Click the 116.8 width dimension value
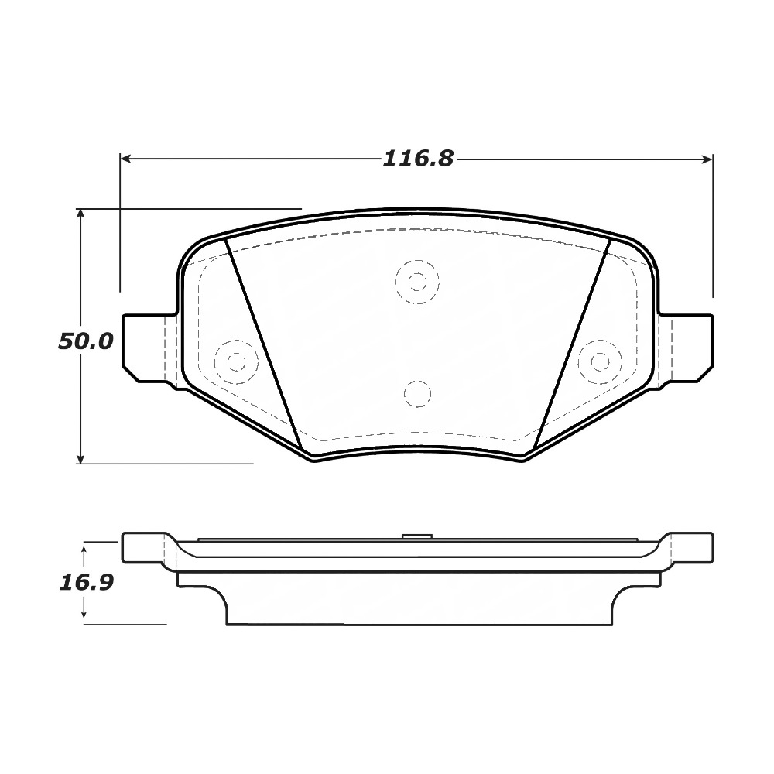coord(418,159)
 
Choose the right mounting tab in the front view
coord(685,348)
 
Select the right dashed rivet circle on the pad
coord(600,361)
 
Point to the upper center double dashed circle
coord(417,281)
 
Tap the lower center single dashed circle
coord(417,394)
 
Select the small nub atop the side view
coord(417,536)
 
